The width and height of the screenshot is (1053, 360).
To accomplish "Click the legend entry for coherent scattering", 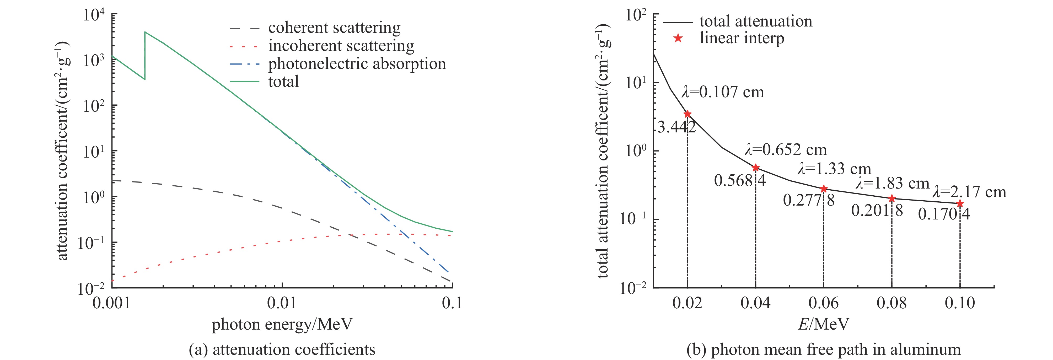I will pos(334,28).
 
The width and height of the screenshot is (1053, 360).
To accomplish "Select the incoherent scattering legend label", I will pos(341,46).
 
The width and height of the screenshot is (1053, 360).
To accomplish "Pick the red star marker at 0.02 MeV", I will pos(687,114).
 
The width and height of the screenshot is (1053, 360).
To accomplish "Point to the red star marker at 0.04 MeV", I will pos(755,168).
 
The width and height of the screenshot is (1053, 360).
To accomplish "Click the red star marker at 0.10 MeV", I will pos(960,203).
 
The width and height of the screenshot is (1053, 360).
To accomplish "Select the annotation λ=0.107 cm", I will pos(722,92).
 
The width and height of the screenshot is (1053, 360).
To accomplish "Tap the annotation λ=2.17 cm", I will pos(969,192).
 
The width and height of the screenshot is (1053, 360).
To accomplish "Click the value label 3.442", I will pos(676,127).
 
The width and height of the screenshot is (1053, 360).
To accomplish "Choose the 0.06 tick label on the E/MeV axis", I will pos(823,303).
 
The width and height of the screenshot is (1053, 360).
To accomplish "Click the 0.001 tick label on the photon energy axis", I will pos(112,303).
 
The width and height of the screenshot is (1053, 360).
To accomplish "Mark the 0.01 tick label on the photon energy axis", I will pos(282,303).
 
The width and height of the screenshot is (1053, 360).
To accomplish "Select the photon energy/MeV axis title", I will pos(282,324).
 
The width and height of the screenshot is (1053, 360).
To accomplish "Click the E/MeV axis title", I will pos(823,324).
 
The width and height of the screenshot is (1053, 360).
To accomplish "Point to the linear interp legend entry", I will pos(742,38).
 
